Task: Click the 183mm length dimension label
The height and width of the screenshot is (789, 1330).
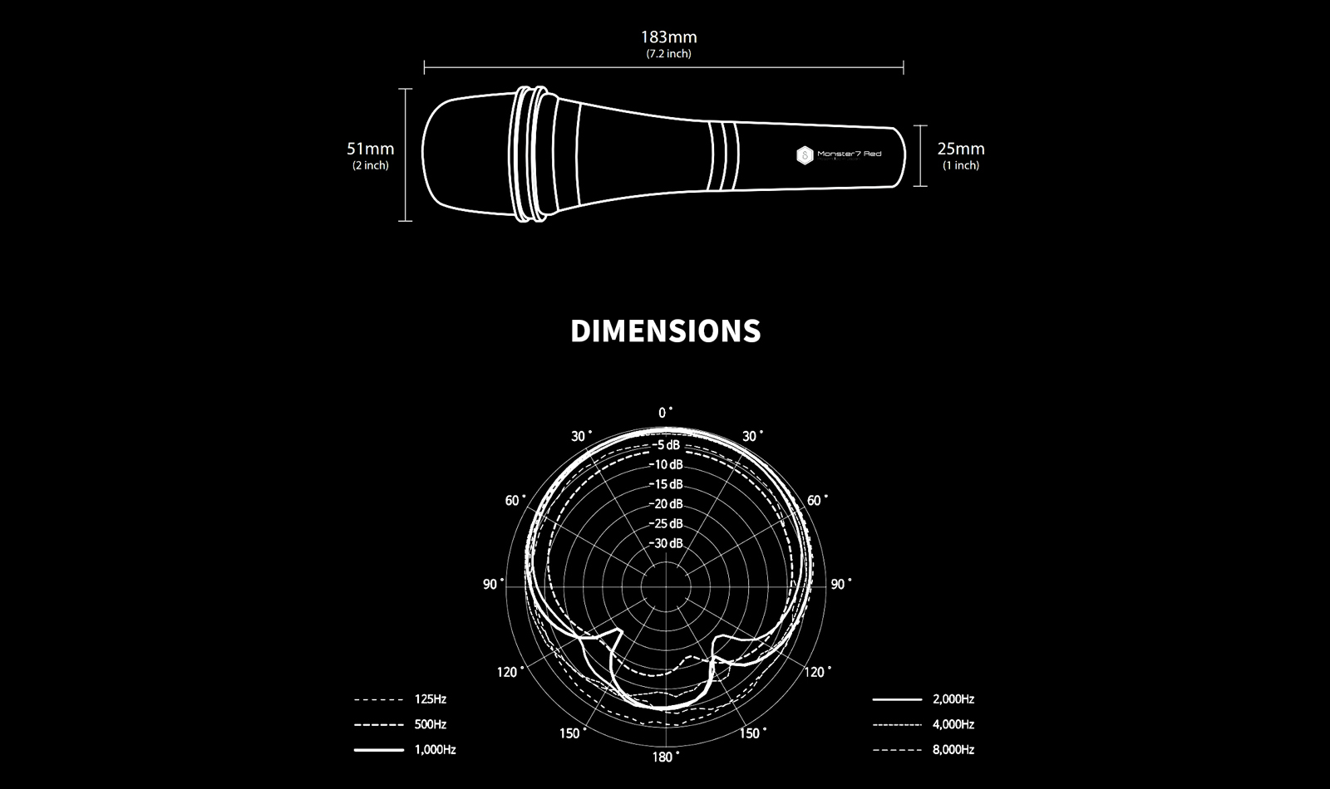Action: [x=668, y=37]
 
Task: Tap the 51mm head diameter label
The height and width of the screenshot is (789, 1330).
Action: [x=371, y=149]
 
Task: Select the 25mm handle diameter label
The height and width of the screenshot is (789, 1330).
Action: [x=961, y=149]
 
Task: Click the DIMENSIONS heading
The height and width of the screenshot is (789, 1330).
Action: [x=666, y=331]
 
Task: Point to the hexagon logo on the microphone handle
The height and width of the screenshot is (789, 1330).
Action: [x=805, y=155]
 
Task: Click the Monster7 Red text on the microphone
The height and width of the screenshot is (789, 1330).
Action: [x=849, y=154]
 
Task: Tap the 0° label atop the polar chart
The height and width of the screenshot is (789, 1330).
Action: [x=665, y=413]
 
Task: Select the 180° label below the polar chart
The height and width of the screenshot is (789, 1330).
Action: [x=666, y=757]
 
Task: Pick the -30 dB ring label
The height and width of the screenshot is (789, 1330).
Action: [x=666, y=543]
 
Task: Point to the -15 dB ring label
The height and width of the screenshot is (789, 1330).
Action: [x=666, y=484]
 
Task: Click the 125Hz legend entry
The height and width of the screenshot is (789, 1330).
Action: [x=400, y=698]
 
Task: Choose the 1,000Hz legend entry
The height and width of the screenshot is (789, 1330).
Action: [x=405, y=749]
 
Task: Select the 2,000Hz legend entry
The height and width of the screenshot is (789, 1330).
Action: [x=924, y=698]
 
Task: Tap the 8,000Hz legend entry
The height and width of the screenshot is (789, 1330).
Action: [x=924, y=749]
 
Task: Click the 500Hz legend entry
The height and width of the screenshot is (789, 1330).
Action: [x=400, y=723]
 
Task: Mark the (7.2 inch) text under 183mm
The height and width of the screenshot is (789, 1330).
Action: [x=668, y=54]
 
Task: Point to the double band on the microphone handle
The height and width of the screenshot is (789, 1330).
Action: [x=724, y=157]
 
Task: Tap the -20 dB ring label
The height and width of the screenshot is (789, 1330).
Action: [x=666, y=503]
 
